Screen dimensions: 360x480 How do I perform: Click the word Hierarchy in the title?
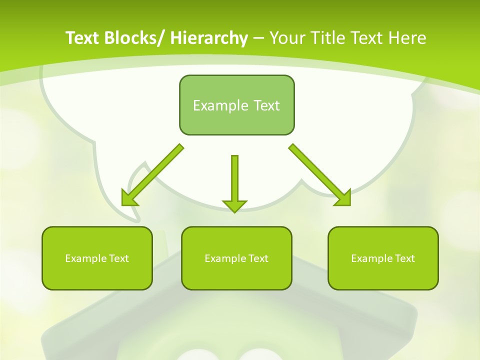click(209, 38)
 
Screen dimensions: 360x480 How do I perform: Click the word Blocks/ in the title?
click(133, 38)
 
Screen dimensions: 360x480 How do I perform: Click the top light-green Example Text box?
click(236, 105)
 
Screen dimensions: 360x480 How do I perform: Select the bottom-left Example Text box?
click(97, 258)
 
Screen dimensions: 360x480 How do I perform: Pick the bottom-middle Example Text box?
click(236, 258)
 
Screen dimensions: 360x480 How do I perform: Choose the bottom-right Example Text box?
click(383, 258)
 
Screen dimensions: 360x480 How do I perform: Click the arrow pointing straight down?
click(234, 180)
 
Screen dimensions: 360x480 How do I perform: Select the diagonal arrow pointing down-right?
click(317, 172)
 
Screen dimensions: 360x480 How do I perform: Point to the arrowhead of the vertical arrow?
click(234, 205)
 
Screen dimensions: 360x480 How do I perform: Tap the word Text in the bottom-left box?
click(119, 258)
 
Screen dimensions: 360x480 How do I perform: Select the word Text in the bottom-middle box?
click(258, 258)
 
